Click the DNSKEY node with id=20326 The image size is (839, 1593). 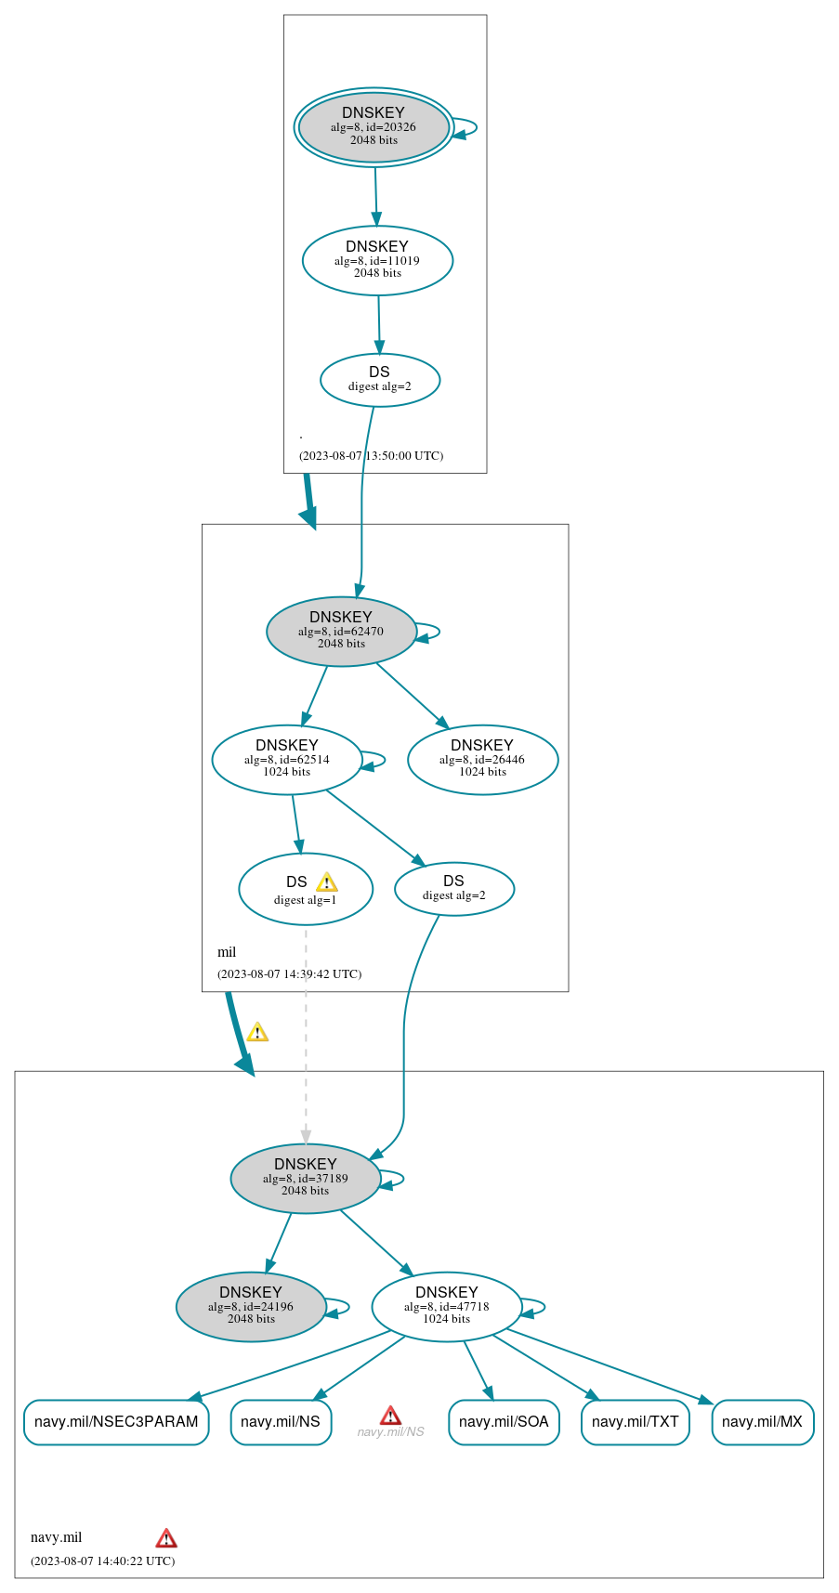[x=374, y=127]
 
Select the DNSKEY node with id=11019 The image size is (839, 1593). [x=377, y=261]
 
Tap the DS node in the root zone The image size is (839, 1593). [x=379, y=379]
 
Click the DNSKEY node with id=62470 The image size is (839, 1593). [x=341, y=632]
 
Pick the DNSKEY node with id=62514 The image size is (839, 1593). [x=286, y=760]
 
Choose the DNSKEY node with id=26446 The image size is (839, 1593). [x=482, y=760]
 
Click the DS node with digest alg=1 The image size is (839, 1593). [x=305, y=890]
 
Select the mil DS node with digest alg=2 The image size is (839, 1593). [x=453, y=889]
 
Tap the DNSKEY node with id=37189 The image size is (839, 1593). [x=305, y=1179]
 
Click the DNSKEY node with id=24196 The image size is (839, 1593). [x=251, y=1307]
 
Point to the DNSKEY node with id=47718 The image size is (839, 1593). [x=446, y=1307]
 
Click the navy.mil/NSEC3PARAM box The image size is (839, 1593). [x=116, y=1422]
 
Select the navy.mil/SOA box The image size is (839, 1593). [x=504, y=1422]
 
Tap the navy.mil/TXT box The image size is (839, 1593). [x=635, y=1422]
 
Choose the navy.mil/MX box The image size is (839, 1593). [x=762, y=1422]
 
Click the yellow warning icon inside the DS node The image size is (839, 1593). [x=326, y=882]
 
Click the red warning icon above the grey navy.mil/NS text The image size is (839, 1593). [x=390, y=1416]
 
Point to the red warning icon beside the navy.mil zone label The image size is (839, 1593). [x=166, y=1538]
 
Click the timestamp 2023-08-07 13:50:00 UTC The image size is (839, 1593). [x=371, y=456]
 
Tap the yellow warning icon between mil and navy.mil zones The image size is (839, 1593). [x=257, y=1032]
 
